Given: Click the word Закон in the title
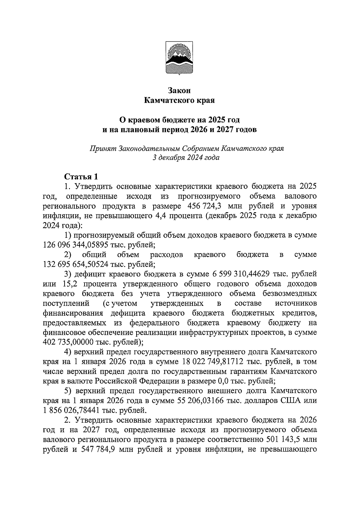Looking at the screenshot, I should click(179, 91).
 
